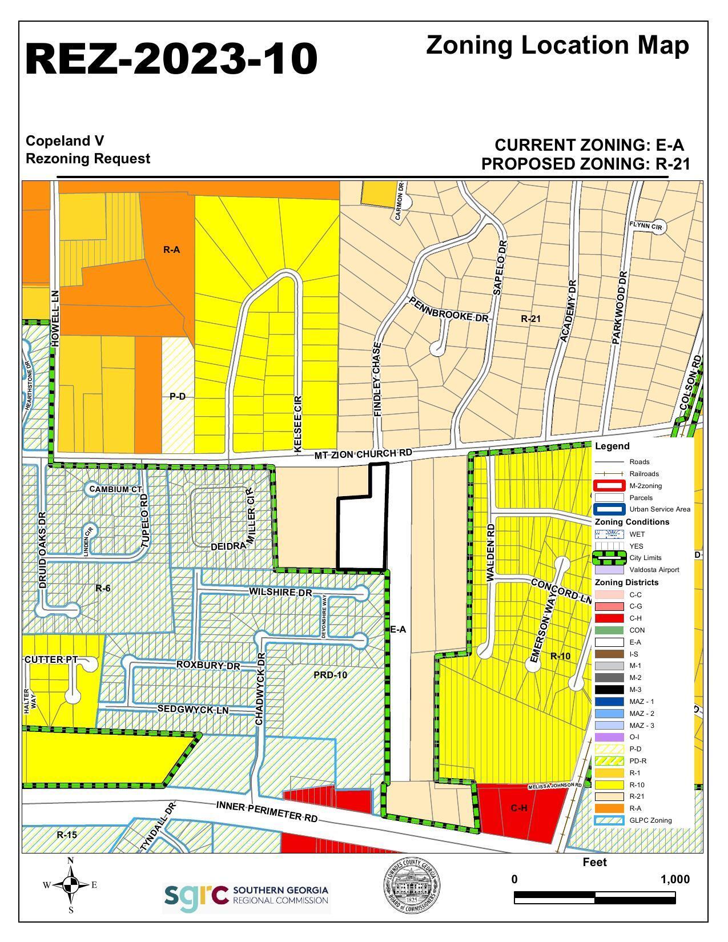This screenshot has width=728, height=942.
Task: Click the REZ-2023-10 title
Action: point(171,59)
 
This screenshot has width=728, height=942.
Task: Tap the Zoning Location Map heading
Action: point(557,46)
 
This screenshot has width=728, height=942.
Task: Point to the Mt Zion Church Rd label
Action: point(363,454)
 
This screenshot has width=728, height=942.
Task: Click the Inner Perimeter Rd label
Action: point(267,811)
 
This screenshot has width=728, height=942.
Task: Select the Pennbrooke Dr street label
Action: point(448,308)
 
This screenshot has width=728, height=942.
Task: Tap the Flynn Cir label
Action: point(645,226)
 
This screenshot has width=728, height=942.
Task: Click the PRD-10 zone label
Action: point(330,675)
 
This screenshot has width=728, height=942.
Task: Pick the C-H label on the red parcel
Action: point(518,808)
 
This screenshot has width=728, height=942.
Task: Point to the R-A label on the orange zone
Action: point(171,249)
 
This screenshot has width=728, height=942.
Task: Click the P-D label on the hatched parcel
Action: point(178,396)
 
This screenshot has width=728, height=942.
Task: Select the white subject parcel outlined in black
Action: point(362,531)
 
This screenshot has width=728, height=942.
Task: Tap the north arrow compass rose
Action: point(71,885)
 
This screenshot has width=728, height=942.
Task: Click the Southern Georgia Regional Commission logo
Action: point(247,899)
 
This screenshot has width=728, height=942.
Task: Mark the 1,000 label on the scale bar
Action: point(674,879)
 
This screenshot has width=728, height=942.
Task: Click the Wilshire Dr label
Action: point(280,592)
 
